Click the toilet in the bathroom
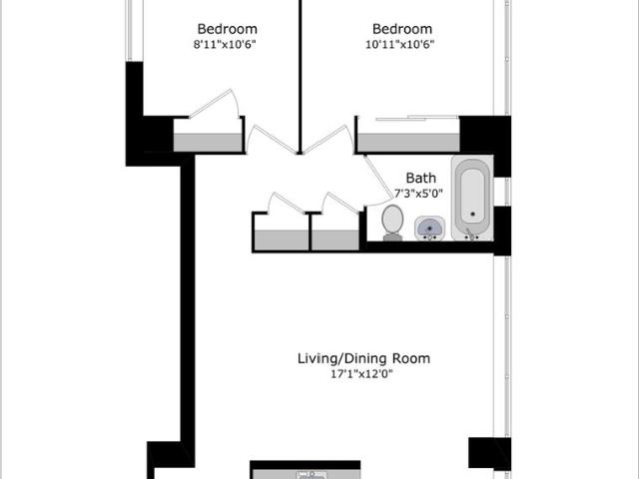click(392, 223)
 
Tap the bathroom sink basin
click(429, 229)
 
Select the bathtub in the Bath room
click(472, 199)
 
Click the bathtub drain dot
click(472, 214)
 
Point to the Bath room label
click(421, 178)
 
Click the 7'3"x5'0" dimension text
click(418, 193)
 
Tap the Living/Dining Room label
click(363, 359)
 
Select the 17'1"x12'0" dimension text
click(361, 374)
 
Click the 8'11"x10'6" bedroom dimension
click(225, 44)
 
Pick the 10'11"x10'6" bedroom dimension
click(399, 44)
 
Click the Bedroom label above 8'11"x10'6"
click(227, 29)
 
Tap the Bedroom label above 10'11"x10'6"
click(402, 29)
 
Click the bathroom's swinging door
click(378, 180)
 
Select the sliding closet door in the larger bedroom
click(416, 118)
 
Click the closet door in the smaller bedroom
click(214, 104)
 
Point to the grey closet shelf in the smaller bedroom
click(209, 143)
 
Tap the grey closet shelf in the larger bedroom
click(408, 143)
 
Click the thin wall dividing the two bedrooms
click(300, 77)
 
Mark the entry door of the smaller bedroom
click(271, 140)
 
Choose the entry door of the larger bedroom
click(328, 140)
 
